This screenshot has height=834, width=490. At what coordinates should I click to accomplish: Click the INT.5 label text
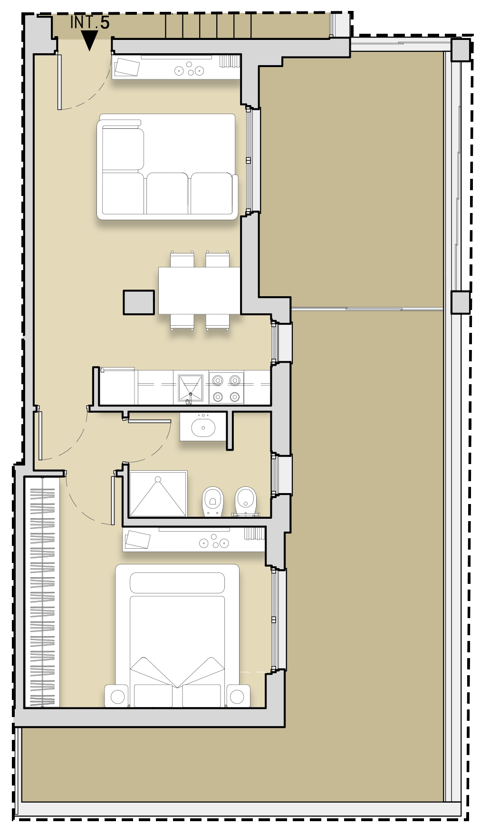(x=90, y=22)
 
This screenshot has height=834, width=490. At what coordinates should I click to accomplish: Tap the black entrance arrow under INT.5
(x=89, y=40)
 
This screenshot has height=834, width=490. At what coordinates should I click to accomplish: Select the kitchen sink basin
(x=191, y=387)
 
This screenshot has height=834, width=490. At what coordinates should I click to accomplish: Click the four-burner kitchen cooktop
(x=226, y=388)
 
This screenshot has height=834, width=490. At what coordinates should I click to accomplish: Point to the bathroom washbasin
(x=203, y=427)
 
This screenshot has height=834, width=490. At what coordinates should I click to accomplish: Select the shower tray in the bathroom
(x=158, y=494)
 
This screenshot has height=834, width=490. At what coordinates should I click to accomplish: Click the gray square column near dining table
(x=139, y=302)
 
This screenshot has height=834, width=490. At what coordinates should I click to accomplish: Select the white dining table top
(x=199, y=291)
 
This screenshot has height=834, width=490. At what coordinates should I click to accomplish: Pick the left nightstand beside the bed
(x=117, y=696)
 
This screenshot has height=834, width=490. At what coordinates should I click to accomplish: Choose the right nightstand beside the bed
(x=238, y=696)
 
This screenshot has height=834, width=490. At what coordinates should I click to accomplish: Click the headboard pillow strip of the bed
(x=177, y=583)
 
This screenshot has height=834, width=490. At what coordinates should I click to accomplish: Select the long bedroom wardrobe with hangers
(x=42, y=592)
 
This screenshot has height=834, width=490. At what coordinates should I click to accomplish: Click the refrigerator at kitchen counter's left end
(x=118, y=386)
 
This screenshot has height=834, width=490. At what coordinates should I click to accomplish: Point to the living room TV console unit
(x=176, y=67)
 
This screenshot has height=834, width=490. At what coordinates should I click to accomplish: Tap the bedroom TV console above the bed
(x=194, y=539)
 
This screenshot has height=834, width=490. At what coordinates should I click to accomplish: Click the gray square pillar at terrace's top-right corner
(x=461, y=50)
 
